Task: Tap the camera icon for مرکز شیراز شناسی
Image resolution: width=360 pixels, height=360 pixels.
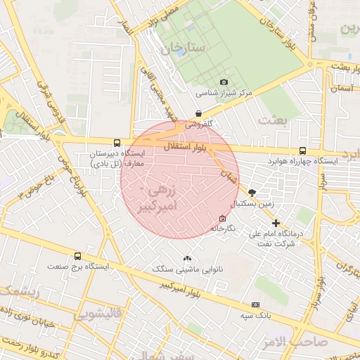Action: coord(224,82)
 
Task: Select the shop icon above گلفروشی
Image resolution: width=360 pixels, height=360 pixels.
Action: coord(199,113)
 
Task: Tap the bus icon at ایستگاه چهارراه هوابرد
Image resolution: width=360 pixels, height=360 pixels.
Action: coord(302,150)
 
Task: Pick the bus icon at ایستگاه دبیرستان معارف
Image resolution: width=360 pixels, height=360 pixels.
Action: coord(117,142)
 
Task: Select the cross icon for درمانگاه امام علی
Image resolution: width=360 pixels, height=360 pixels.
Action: coord(276,223)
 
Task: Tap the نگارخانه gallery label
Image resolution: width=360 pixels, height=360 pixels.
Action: coord(223,229)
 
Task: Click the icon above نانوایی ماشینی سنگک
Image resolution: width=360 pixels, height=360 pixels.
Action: coord(187,258)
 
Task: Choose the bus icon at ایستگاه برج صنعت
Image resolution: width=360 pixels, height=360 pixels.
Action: coord(77,257)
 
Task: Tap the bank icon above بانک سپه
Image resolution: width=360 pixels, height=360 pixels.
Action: coord(255,304)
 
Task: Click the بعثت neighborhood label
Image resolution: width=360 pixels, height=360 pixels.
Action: coord(272,120)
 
